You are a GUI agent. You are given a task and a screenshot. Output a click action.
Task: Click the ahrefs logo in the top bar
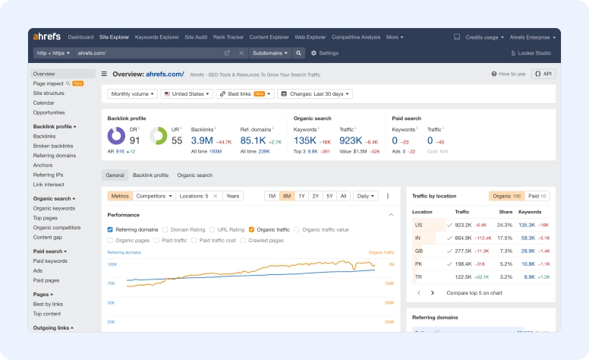[x=47, y=36]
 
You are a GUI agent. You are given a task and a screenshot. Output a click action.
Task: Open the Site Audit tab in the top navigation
[x=196, y=36]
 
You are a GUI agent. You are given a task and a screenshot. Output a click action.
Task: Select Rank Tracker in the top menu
[x=228, y=36]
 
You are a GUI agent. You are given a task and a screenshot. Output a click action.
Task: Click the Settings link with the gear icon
[x=325, y=53]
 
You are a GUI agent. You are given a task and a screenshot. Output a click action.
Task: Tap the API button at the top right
[x=543, y=74]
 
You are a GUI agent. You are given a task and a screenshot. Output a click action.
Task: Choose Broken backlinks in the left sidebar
[x=53, y=146]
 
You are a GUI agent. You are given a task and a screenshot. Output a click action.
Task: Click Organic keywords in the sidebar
[x=54, y=208]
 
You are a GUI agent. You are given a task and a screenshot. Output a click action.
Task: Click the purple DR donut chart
[x=116, y=136]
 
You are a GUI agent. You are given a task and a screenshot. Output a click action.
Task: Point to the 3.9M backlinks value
[x=202, y=141]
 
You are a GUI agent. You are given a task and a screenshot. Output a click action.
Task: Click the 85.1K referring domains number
[x=253, y=141]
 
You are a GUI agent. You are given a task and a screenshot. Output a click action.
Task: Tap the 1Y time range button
[x=301, y=196]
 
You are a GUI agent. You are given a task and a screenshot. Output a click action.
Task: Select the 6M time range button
[x=287, y=196]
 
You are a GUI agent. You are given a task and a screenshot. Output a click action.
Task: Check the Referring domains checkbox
[x=111, y=229]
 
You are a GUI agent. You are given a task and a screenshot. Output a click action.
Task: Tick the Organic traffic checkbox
[x=252, y=229]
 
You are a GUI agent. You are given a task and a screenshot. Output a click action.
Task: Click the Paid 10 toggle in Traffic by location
[x=537, y=196]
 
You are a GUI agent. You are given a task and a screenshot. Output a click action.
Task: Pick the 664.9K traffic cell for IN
[x=463, y=238]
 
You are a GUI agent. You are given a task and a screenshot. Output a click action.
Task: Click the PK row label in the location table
[x=418, y=264]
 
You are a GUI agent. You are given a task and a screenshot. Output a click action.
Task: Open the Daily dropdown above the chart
[x=366, y=196]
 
